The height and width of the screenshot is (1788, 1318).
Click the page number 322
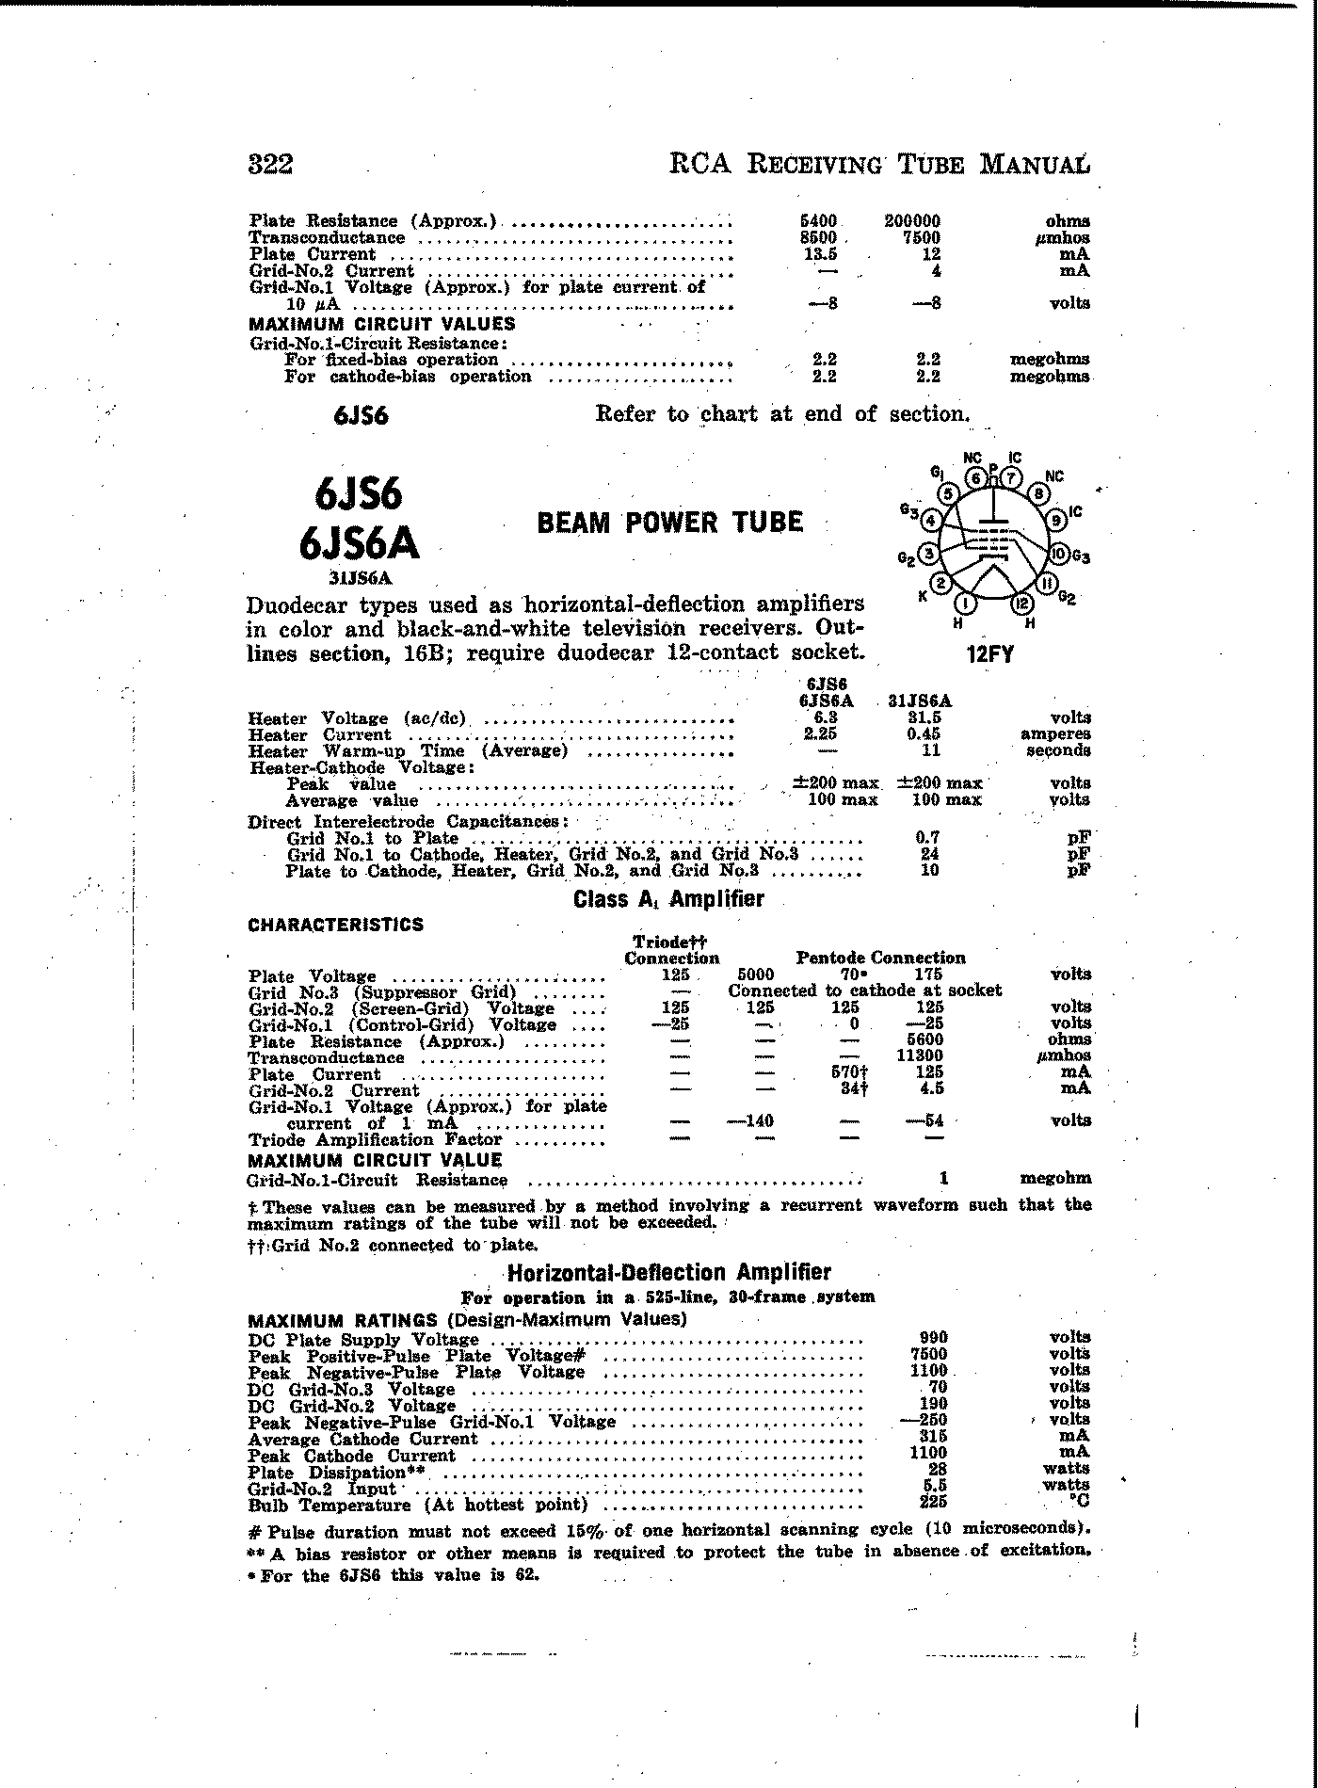[x=270, y=165]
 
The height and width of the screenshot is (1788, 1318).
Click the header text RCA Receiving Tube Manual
[x=879, y=165]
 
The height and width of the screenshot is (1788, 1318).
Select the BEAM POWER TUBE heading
[x=669, y=523]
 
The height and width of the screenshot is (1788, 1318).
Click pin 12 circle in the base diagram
[x=1022, y=604]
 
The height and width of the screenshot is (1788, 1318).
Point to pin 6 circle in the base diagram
[x=978, y=478]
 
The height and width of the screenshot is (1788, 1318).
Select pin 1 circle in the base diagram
[x=965, y=604]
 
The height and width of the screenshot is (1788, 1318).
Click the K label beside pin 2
[x=924, y=596]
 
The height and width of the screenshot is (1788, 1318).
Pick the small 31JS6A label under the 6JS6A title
[x=359, y=578]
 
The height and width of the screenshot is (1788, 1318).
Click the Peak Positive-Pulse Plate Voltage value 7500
[x=932, y=1355]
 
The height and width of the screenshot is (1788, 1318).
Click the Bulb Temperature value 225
[x=932, y=1503]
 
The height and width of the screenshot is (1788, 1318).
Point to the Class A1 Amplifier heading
[x=668, y=899]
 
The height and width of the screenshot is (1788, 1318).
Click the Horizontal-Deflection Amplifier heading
[x=668, y=1273]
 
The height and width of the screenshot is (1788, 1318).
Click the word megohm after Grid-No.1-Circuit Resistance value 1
[x=1055, y=1178]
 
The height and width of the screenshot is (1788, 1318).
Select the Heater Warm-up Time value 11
[x=930, y=750]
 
